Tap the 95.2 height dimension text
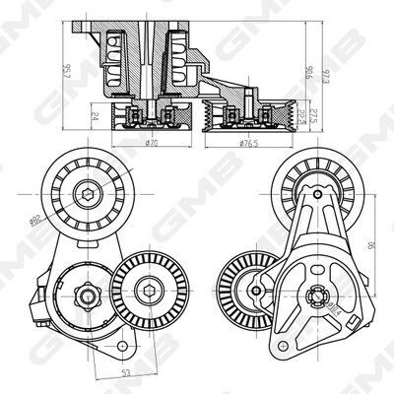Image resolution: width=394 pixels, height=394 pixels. [66, 70]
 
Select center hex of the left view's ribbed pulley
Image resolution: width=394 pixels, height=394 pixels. [147, 288]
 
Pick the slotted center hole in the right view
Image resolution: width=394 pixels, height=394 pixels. [315, 293]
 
